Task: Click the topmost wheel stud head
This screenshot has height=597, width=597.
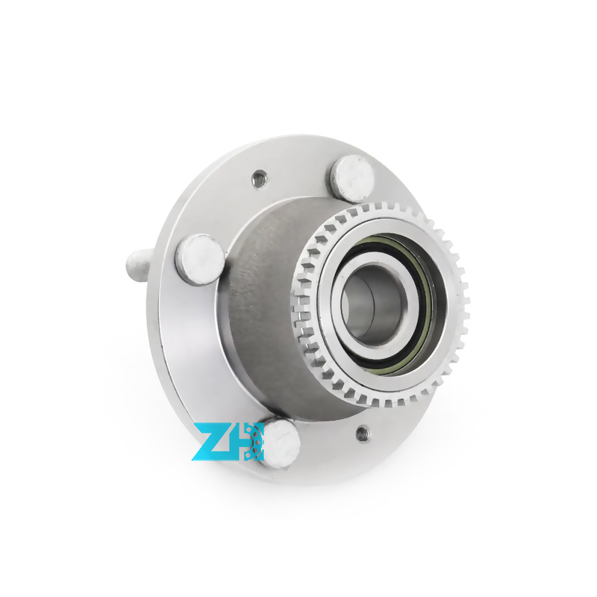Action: point(353,179)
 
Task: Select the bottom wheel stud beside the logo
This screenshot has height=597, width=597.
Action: point(281,440)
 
